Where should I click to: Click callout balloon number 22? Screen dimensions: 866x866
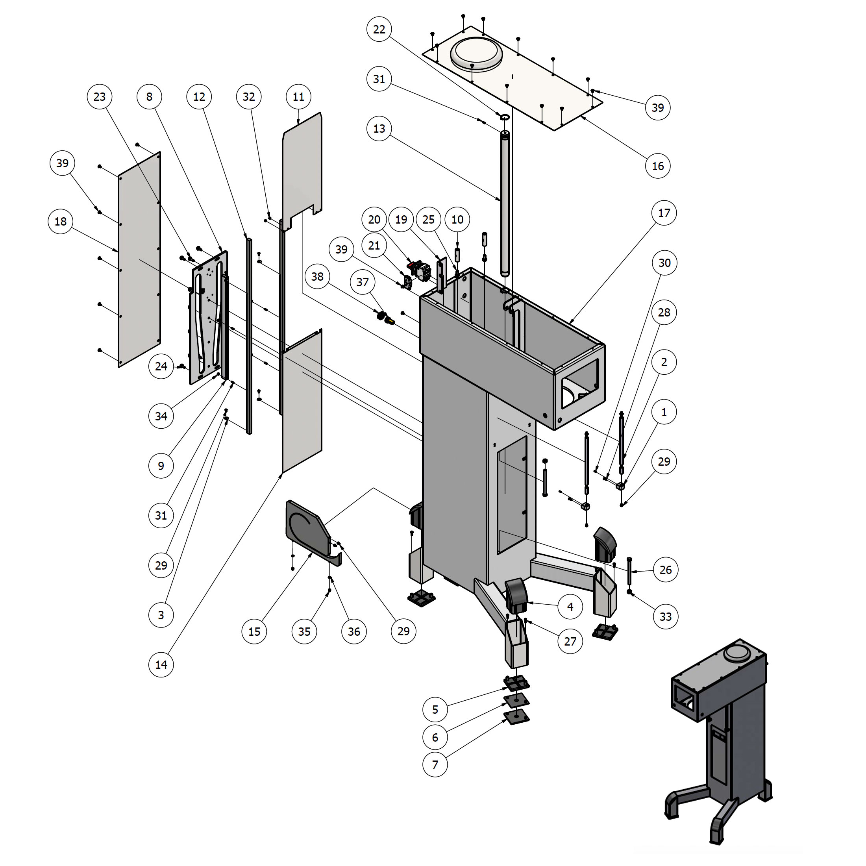click(379, 29)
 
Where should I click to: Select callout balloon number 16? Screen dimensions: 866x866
click(657, 166)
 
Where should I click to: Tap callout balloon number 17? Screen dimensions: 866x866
click(663, 213)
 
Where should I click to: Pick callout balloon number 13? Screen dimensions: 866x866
click(379, 129)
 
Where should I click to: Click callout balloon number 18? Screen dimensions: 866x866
click(61, 222)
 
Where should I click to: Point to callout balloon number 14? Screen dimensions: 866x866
click(161, 664)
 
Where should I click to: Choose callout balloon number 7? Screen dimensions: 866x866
click(435, 764)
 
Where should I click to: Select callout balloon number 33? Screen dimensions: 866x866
click(665, 616)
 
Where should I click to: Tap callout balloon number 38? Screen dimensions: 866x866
click(317, 277)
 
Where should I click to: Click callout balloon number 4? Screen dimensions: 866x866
click(570, 607)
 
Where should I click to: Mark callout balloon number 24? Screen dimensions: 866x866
click(161, 366)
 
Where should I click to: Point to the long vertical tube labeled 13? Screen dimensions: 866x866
click(505, 202)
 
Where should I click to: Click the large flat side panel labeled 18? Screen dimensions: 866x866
click(139, 260)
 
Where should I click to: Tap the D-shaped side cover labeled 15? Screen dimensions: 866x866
click(307, 529)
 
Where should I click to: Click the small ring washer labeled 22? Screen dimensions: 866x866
click(505, 117)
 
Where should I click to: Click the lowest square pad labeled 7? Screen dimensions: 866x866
click(516, 718)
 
